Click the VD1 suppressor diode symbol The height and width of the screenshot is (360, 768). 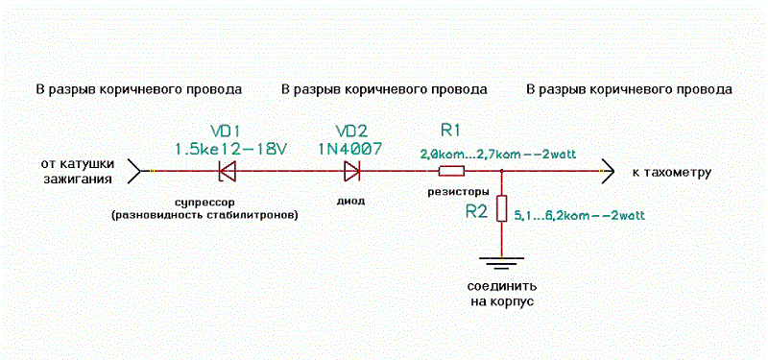227,171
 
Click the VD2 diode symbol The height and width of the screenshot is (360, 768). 352,171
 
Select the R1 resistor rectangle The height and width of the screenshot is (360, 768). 451,171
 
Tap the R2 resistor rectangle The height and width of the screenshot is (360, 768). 501,208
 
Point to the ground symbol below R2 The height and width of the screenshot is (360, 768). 501,262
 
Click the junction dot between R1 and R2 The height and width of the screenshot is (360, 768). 501,171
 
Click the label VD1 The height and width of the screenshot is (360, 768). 227,132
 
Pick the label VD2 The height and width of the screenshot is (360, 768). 352,132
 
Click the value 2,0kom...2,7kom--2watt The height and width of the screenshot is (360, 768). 497,155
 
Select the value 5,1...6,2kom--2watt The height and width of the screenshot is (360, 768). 579,214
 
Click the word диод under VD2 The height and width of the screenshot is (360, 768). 351,201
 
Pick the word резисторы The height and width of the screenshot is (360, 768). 451,190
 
